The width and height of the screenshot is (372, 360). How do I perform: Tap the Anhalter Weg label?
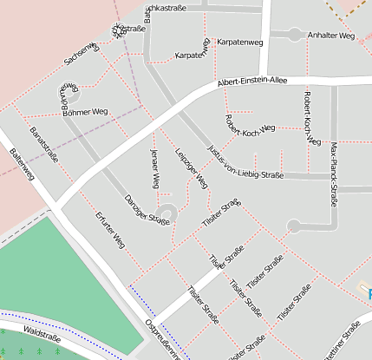331,36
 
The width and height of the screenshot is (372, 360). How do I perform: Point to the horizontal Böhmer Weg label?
85,112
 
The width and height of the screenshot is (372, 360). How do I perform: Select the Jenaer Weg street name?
155,169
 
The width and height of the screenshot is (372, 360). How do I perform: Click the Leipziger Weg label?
192,169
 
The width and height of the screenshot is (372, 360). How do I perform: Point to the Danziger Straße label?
146,209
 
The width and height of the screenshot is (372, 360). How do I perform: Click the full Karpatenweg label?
240,41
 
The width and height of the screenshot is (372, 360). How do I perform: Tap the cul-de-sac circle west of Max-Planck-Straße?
294,226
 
